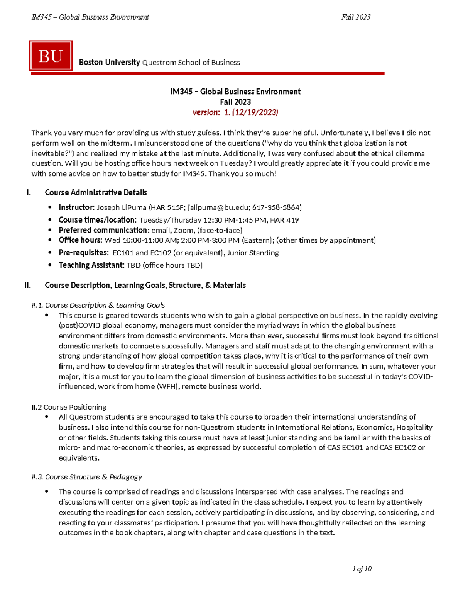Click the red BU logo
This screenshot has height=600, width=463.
pyautogui.click(x=51, y=56)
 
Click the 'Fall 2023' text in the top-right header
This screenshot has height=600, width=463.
pyautogui.click(x=356, y=17)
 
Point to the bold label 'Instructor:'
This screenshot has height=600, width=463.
pyautogui.click(x=76, y=207)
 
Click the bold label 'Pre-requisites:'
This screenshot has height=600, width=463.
pyautogui.click(x=83, y=253)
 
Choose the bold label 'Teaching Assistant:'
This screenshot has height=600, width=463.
pyautogui.click(x=91, y=265)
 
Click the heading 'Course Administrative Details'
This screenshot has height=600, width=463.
pyautogui.click(x=96, y=193)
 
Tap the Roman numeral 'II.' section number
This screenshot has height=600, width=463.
pyautogui.click(x=28, y=286)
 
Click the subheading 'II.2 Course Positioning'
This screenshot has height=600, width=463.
pyautogui.click(x=69, y=407)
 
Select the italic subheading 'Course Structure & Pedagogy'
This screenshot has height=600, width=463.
pyautogui.click(x=93, y=477)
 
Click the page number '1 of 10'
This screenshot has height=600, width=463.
pyautogui.click(x=362, y=569)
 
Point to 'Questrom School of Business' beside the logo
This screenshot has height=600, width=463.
pyautogui.click(x=191, y=63)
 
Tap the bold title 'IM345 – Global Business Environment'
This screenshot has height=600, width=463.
pyautogui.click(x=235, y=92)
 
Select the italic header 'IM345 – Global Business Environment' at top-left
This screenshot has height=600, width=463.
pyautogui.click(x=90, y=17)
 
